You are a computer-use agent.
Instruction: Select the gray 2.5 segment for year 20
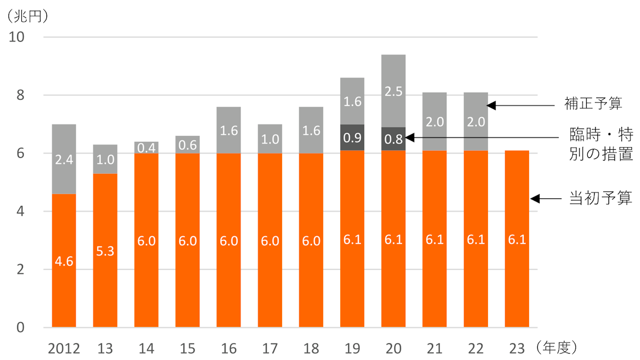point(393,91)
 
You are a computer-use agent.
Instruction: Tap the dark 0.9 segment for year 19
point(352,138)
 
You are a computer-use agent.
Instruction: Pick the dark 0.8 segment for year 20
point(393,139)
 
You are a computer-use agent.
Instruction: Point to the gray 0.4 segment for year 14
point(146,147)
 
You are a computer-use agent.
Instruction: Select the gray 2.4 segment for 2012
point(63,159)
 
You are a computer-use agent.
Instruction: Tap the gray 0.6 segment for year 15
point(187,145)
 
